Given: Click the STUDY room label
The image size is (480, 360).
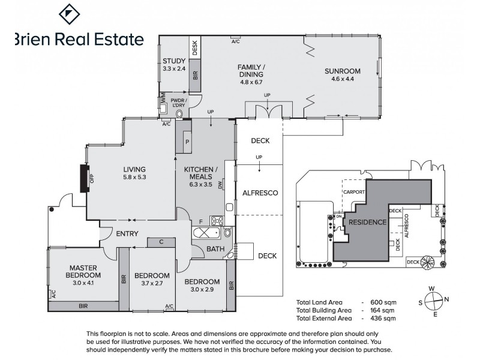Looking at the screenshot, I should pyautogui.click(x=174, y=60).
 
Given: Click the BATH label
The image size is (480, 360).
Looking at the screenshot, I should pyautogui.click(x=214, y=248).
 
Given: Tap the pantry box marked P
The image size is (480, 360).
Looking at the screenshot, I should pyautogui.click(x=187, y=142).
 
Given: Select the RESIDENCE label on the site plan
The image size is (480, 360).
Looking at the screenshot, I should pyautogui.click(x=367, y=222).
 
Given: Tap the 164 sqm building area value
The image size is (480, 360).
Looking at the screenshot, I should pyautogui.click(x=384, y=311).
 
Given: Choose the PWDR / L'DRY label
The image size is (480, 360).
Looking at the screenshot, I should pyautogui.click(x=179, y=103).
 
